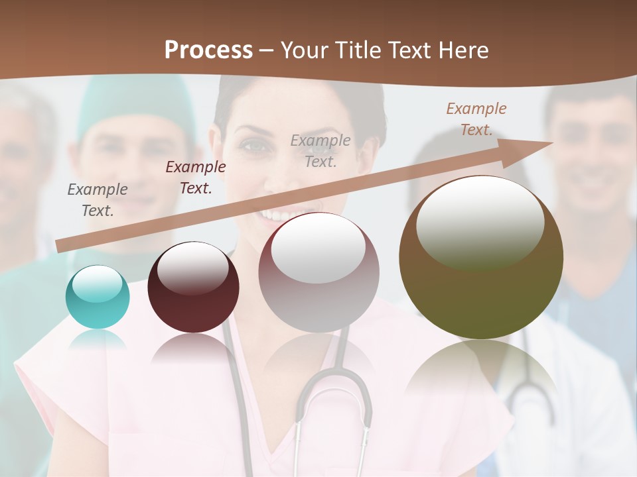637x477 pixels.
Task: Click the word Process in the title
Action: (208, 50)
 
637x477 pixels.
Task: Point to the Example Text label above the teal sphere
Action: (97, 200)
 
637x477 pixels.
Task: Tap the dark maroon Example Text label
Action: (195, 178)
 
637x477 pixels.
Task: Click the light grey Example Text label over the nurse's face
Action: (320, 150)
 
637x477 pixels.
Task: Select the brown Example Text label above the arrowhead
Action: (476, 119)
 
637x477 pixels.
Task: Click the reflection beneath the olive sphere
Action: (481, 371)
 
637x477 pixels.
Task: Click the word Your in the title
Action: (303, 50)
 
